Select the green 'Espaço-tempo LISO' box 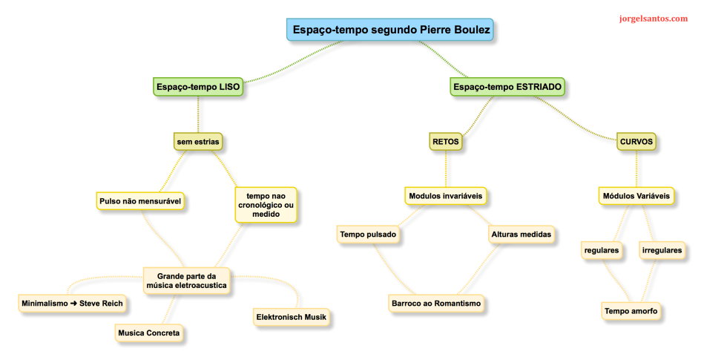[198, 87]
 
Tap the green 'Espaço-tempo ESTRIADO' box [507, 87]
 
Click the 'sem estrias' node [198, 140]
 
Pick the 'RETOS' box [445, 140]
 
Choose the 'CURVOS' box [636, 140]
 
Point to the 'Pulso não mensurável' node [140, 200]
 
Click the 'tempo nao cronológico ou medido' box [265, 205]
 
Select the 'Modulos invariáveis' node [445, 197]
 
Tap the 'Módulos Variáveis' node [636, 197]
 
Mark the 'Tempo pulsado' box [368, 235]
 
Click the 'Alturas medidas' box [521, 235]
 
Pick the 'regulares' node [602, 250]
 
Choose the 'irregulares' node [662, 250]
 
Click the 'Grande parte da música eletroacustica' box [186, 280]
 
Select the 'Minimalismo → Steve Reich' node [71, 303]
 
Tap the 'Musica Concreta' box [148, 333]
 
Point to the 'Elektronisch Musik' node [291, 318]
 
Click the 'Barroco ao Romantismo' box [436, 303]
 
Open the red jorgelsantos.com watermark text [653, 19]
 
